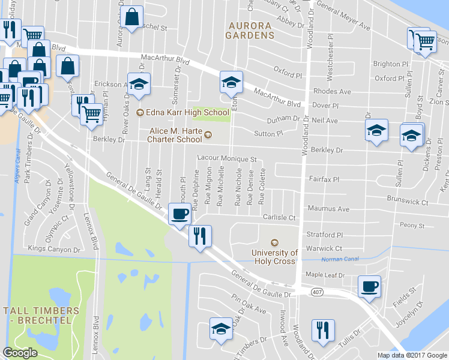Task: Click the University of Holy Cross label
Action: point(274,256)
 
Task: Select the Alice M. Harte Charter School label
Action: point(175,135)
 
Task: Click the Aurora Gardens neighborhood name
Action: point(250,30)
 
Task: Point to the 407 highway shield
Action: point(317,292)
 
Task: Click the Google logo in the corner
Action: point(20,353)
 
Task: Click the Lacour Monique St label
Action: point(227,159)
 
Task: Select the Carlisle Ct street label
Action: point(280,217)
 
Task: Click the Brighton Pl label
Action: point(386,64)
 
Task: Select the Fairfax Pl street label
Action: point(324,179)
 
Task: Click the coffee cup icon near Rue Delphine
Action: point(179,214)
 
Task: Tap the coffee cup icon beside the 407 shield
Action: point(369,286)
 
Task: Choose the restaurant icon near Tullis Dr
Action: point(323,329)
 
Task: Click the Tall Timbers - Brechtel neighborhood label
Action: point(40,316)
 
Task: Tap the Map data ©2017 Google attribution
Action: point(412,355)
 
